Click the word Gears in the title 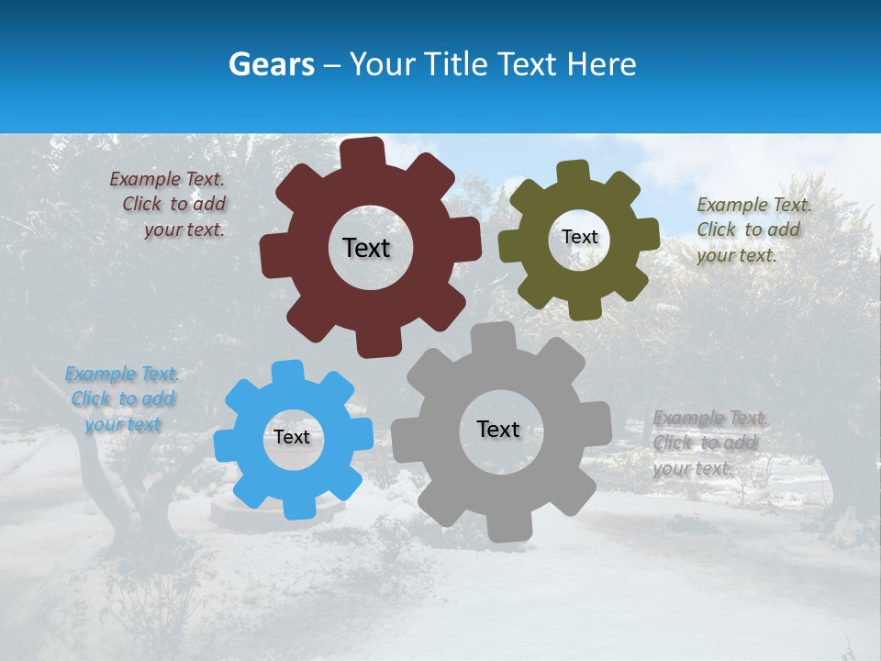tap(271, 64)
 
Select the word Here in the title tap(602, 64)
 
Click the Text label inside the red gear tap(366, 248)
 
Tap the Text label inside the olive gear tap(579, 237)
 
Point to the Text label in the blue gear tap(292, 437)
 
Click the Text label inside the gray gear tap(498, 429)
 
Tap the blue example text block tap(122, 399)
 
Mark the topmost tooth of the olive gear tap(573, 172)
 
